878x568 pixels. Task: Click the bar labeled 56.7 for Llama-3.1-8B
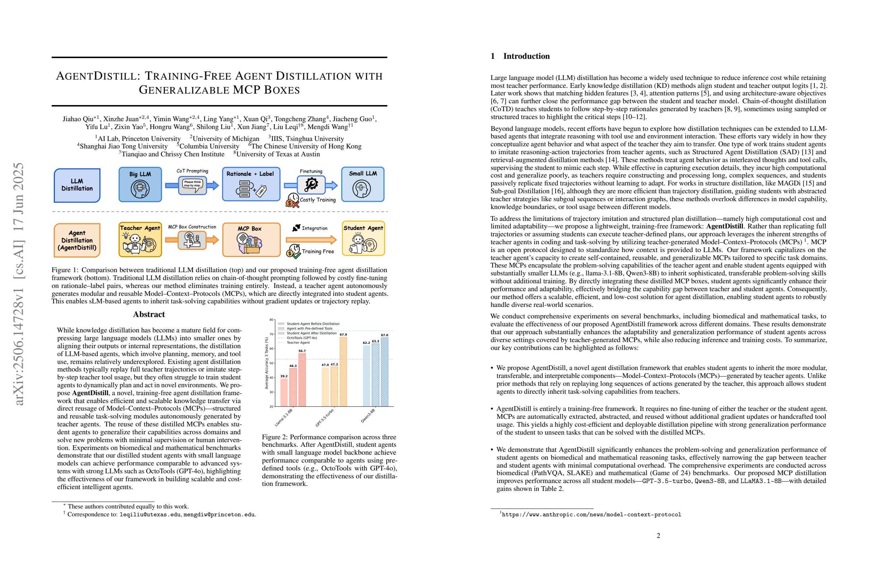coord(302,380)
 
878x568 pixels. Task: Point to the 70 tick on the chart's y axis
coord(272,334)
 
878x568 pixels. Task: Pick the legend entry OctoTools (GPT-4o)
coord(301,338)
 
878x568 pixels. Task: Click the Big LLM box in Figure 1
coord(140,184)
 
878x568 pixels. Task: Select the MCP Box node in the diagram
coord(251,240)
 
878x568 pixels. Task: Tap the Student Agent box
coord(363,238)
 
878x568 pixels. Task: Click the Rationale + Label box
coord(251,184)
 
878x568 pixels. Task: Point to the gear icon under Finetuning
coord(311,184)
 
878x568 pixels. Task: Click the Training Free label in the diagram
coord(318,251)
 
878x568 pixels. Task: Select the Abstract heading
coord(149,314)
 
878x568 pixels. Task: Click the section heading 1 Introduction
coord(520,56)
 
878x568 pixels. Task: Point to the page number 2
coord(658,535)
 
